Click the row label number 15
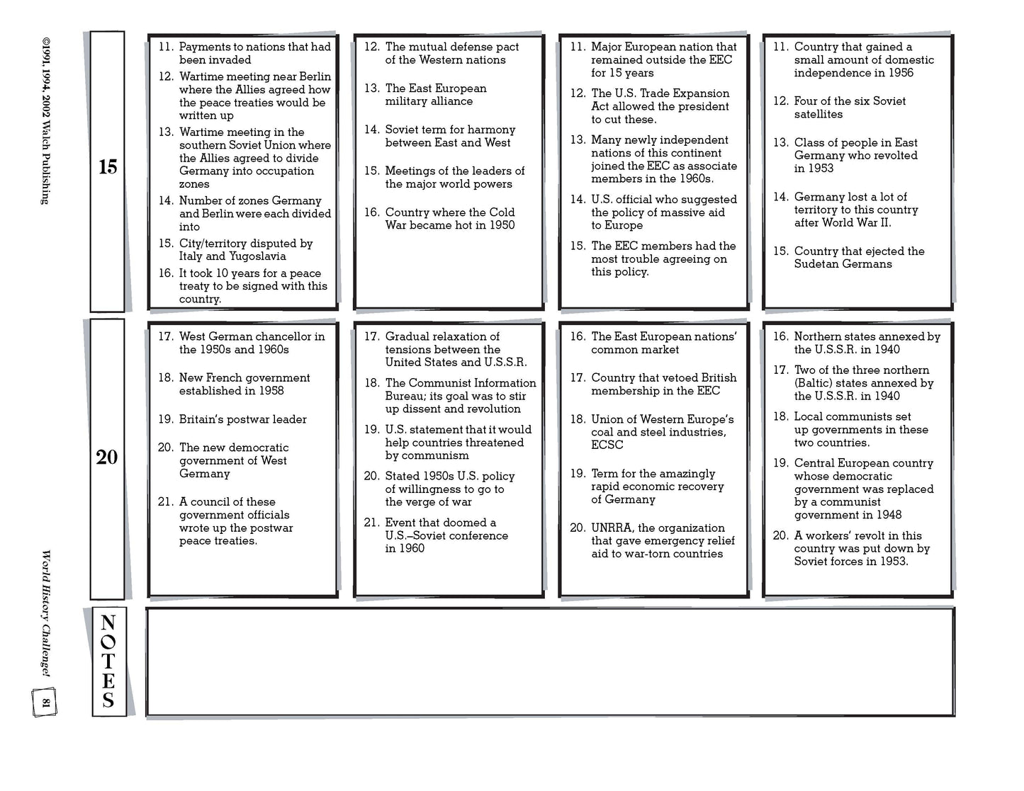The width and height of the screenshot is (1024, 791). (108, 167)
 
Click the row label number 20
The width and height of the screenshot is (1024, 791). (107, 457)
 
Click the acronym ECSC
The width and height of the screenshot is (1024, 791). (607, 445)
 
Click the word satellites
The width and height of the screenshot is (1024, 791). (818, 114)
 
